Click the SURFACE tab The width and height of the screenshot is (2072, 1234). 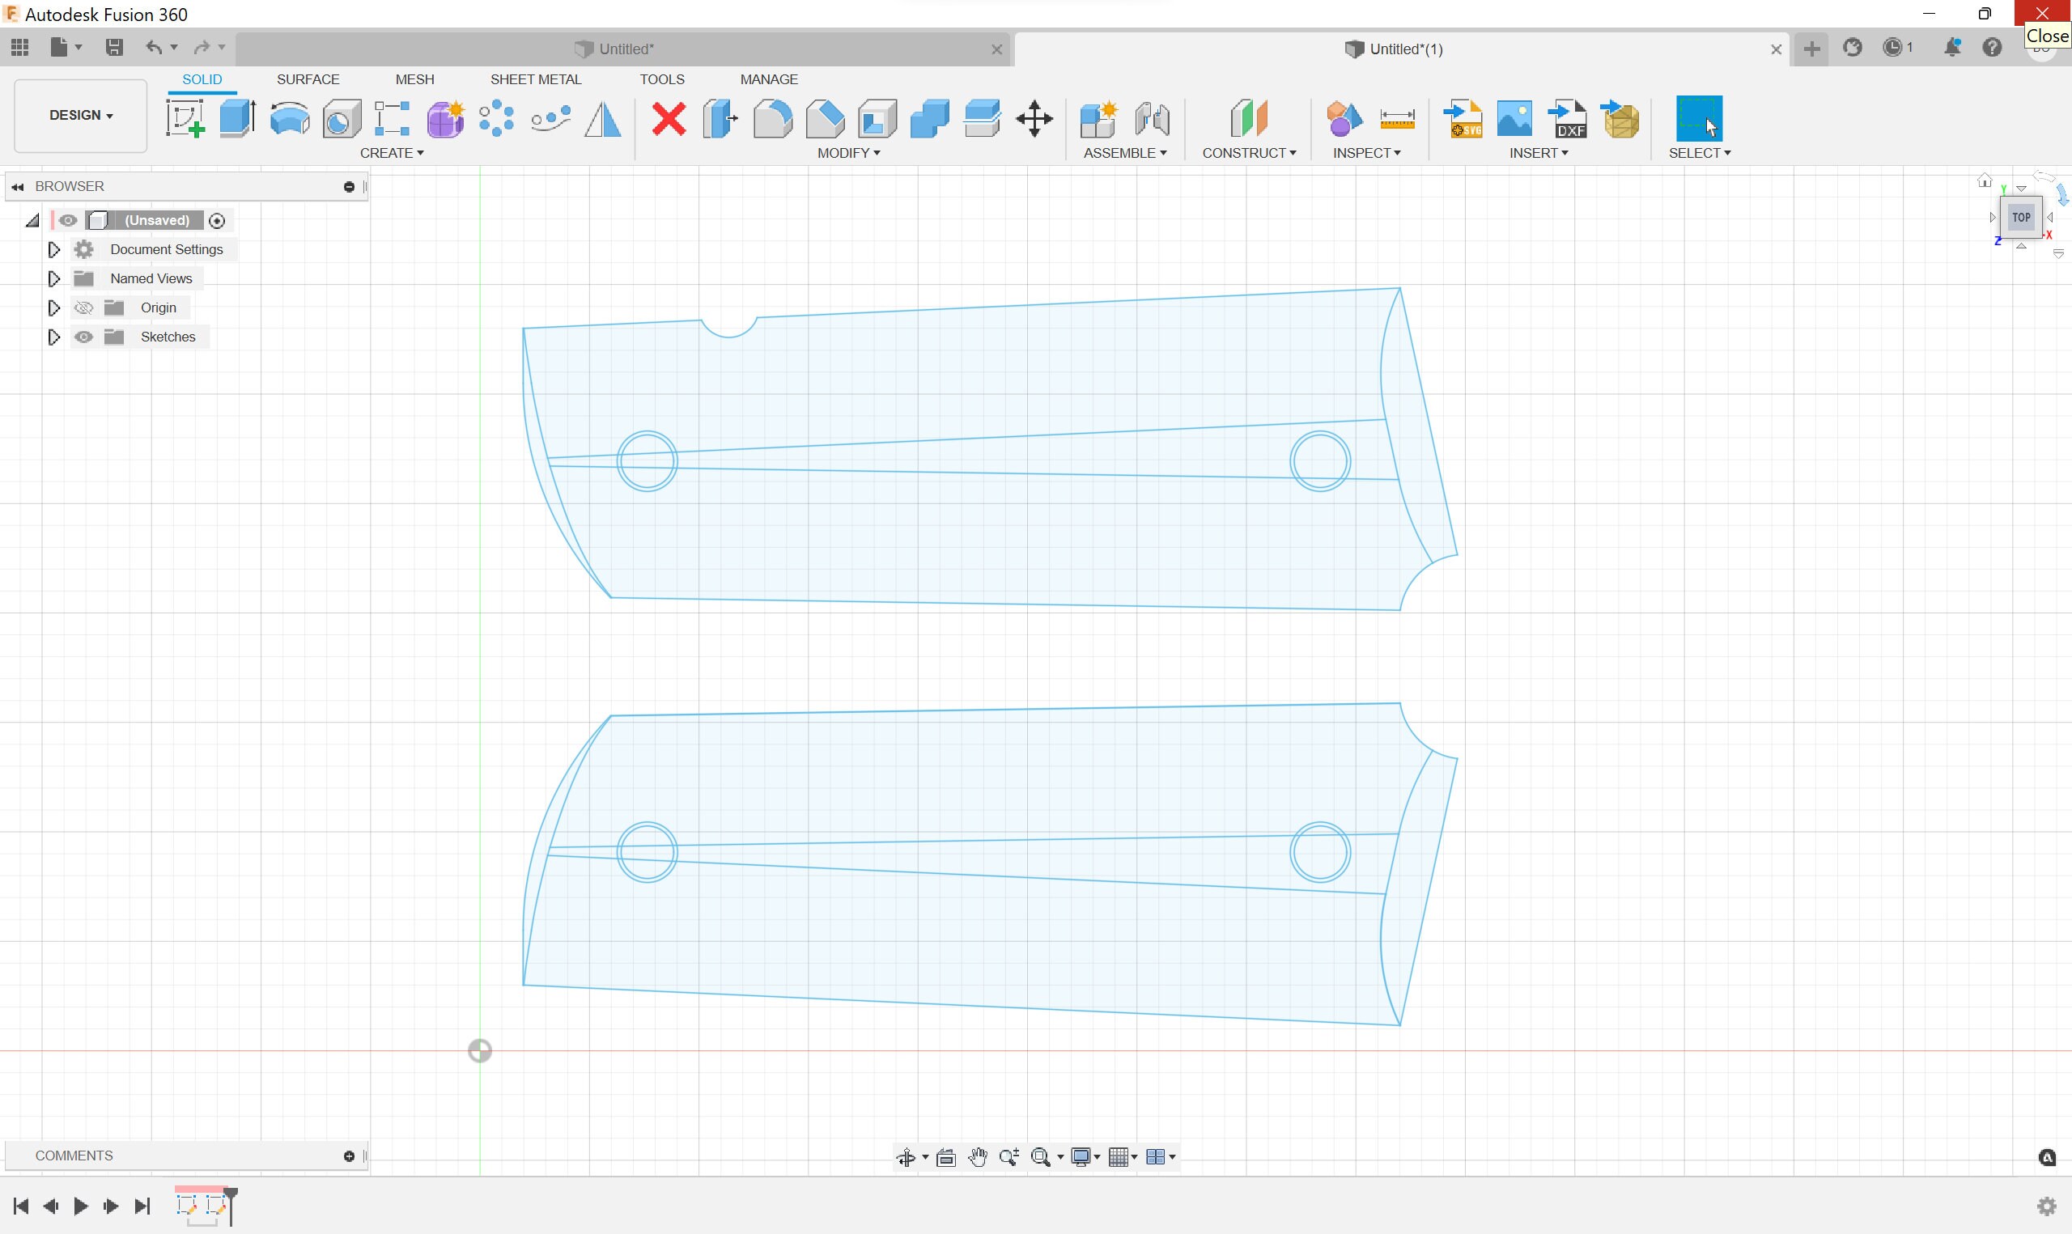pyautogui.click(x=308, y=79)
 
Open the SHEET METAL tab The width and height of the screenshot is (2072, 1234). pyautogui.click(x=536, y=79)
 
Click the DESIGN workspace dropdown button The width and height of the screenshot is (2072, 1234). pyautogui.click(x=81, y=116)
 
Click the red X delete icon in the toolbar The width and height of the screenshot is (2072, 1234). pyautogui.click(x=669, y=119)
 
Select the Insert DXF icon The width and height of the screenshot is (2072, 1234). pyautogui.click(x=1567, y=119)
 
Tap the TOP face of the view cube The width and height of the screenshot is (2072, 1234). pyautogui.click(x=2020, y=218)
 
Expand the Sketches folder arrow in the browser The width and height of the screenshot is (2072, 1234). pyautogui.click(x=54, y=337)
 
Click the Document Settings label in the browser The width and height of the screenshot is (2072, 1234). pyautogui.click(x=166, y=249)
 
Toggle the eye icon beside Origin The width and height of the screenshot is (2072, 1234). pyautogui.click(x=83, y=307)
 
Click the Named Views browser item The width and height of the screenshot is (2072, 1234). pyautogui.click(x=151, y=278)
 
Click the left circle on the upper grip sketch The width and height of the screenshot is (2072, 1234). pyautogui.click(x=647, y=460)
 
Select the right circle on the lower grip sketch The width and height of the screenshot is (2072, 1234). pyautogui.click(x=1319, y=852)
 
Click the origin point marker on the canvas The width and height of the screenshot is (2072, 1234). pyautogui.click(x=480, y=1051)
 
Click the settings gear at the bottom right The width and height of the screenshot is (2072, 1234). pyautogui.click(x=2046, y=1206)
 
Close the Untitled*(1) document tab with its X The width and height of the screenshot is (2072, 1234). pyautogui.click(x=1776, y=49)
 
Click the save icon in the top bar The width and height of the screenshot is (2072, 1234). pyautogui.click(x=114, y=48)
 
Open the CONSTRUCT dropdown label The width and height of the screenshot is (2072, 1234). pyautogui.click(x=1248, y=153)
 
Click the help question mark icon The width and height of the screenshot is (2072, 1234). pyautogui.click(x=1991, y=48)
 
